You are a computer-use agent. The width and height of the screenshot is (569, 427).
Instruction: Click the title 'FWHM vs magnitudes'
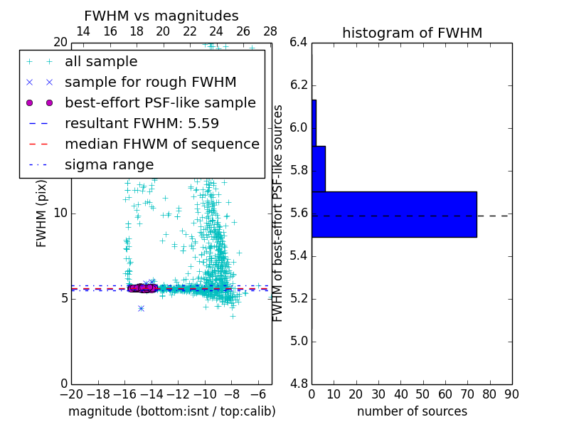(161, 16)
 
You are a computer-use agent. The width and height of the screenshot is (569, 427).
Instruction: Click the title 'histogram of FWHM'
(412, 33)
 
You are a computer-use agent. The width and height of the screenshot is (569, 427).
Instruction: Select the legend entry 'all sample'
(101, 62)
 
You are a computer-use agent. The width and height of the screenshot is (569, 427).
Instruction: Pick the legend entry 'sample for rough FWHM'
(151, 83)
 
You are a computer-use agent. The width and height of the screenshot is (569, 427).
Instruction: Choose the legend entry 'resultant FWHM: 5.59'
(142, 124)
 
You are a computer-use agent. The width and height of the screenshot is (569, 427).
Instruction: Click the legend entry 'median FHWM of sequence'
(162, 144)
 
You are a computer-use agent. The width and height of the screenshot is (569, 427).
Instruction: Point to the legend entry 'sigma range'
(109, 165)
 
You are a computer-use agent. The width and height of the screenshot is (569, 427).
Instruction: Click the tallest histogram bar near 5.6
(394, 214)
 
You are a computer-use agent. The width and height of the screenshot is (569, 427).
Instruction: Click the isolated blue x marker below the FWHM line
(141, 308)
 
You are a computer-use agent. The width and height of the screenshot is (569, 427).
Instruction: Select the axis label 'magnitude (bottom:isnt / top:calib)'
(171, 411)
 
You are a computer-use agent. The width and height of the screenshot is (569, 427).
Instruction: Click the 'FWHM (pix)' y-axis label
(42, 213)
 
